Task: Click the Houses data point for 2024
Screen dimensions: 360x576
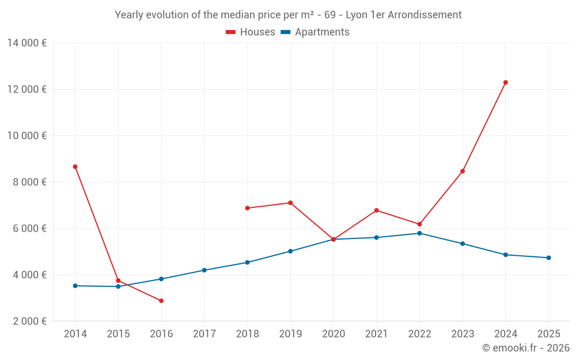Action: click(x=506, y=82)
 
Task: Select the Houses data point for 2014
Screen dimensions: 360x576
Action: click(x=75, y=166)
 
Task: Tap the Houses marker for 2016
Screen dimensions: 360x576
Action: click(x=161, y=301)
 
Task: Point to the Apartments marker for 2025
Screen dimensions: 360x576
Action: click(x=548, y=257)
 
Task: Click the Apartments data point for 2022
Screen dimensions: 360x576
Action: click(x=419, y=233)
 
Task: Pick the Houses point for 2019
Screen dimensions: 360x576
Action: click(x=290, y=203)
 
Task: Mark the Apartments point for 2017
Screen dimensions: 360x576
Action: click(x=204, y=270)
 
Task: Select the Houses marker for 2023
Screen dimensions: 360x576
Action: click(x=463, y=171)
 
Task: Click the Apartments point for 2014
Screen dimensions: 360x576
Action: click(x=75, y=286)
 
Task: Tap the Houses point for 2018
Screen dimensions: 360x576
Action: click(x=247, y=208)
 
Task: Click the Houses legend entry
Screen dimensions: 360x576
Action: click(x=251, y=32)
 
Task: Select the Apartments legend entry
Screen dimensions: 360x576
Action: click(x=315, y=32)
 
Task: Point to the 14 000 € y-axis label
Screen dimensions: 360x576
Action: click(x=27, y=43)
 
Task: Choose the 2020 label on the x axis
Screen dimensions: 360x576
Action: click(x=333, y=334)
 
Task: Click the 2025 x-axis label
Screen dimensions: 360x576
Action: click(x=548, y=334)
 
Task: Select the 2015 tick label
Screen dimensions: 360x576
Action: click(x=118, y=334)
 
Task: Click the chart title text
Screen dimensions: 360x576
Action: click(x=288, y=15)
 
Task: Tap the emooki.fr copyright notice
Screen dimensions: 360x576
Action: click(x=525, y=348)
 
